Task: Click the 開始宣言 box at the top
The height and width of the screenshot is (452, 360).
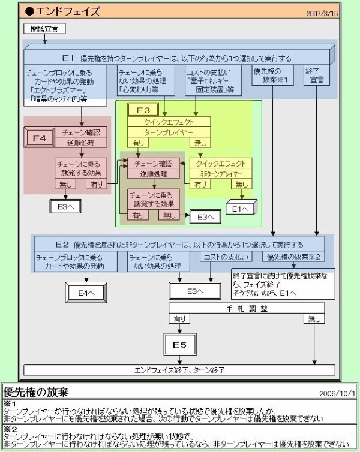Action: click(x=44, y=29)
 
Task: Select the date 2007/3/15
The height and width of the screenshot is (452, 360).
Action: click(x=322, y=13)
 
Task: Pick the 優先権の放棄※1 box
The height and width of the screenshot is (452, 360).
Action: click(x=272, y=75)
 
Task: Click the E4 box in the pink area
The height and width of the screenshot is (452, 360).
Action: click(x=40, y=138)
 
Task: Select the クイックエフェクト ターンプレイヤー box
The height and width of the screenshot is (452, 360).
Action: click(x=169, y=126)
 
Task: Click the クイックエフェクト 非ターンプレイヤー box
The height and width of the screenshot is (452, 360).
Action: click(x=220, y=167)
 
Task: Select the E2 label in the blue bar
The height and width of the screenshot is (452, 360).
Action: click(x=62, y=245)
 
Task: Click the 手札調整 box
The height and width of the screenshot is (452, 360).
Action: click(x=247, y=308)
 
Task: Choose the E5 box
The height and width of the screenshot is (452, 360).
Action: click(x=180, y=345)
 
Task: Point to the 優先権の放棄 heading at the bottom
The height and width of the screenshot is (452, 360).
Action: click(x=36, y=392)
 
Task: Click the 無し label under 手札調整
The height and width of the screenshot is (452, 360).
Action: click(x=314, y=319)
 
